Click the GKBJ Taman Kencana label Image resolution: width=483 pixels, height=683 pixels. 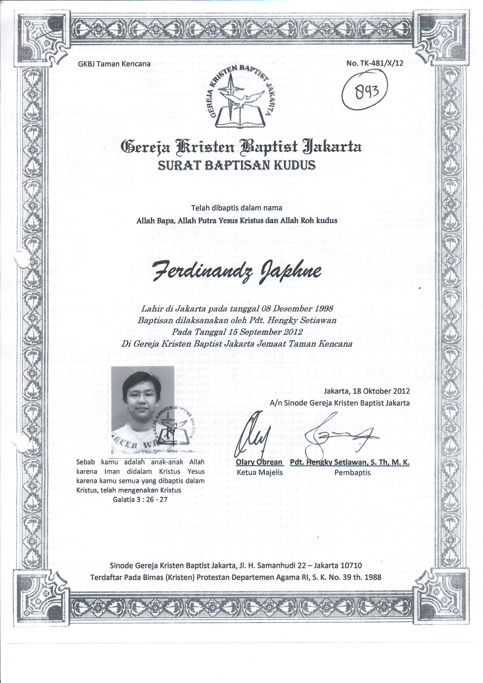[114, 64]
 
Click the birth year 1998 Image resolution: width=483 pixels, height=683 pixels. [322, 308]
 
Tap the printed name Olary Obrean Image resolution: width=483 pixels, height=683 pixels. [259, 462]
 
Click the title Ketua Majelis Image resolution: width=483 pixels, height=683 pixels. [259, 472]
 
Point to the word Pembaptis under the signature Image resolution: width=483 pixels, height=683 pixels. [353, 472]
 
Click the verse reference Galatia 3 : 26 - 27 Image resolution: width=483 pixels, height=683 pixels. [140, 499]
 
